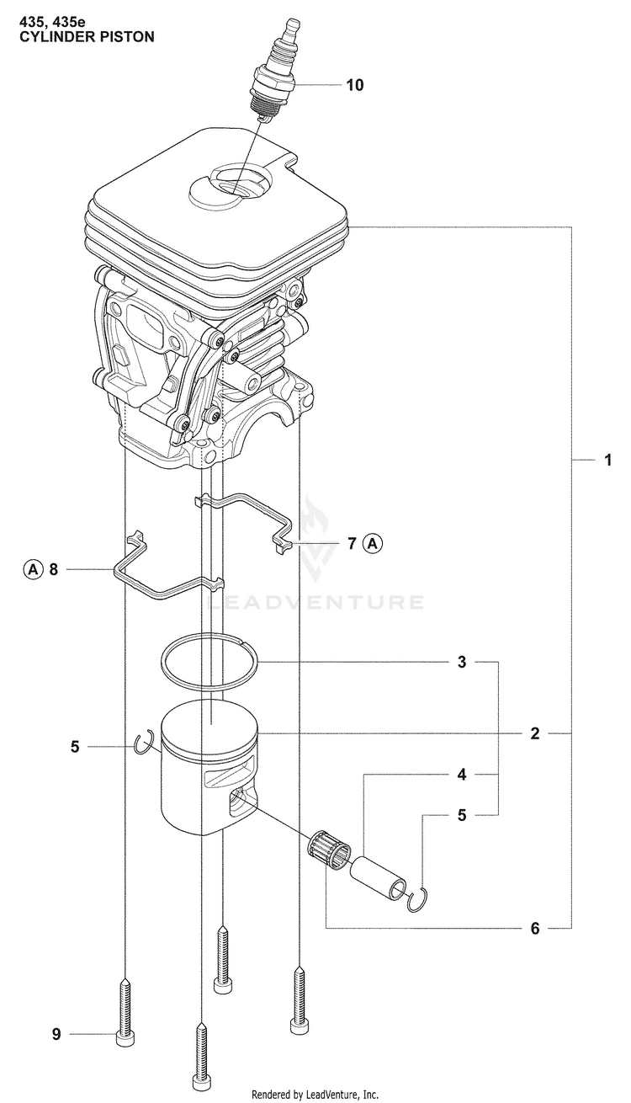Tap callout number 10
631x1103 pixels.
coord(354,85)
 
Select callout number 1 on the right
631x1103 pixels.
coord(608,460)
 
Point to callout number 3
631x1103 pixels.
coord(462,663)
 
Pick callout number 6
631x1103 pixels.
coord(535,929)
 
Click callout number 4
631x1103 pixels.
coord(462,775)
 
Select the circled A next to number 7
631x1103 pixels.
coord(373,544)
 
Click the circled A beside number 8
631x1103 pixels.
coord(33,570)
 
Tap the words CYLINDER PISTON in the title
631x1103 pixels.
coord(87,37)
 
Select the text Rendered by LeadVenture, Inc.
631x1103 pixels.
coord(315,1095)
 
